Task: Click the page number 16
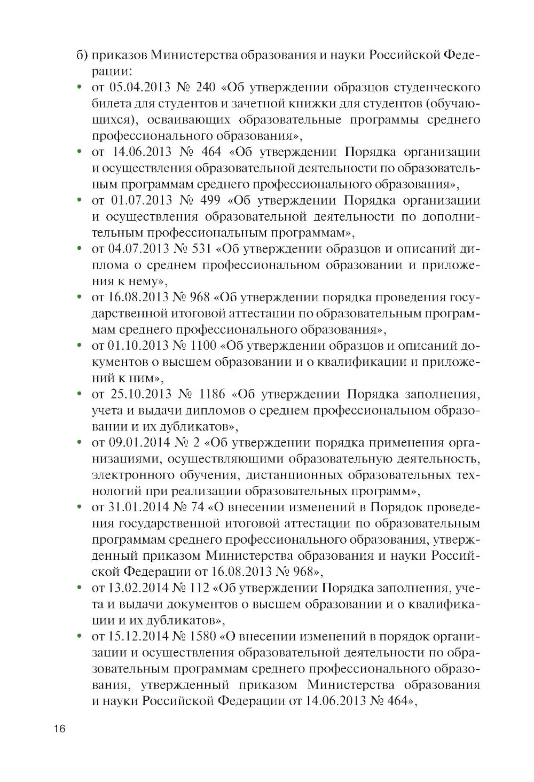point(58,730)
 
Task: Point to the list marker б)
point(81,55)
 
